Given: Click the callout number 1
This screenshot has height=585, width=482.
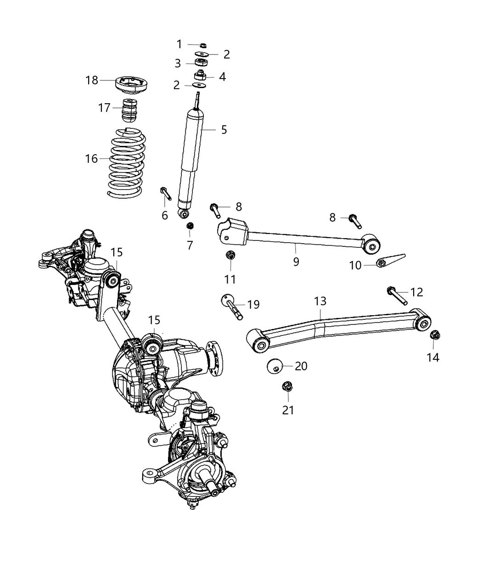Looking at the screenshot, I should click(179, 44).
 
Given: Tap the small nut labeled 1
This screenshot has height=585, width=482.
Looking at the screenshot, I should click(203, 45).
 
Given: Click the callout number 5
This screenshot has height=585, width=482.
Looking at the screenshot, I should click(224, 130).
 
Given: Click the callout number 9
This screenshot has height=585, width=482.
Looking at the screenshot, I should click(296, 261).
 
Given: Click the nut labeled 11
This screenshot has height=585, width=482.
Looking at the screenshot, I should click(230, 255).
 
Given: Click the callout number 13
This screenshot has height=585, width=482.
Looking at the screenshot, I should click(320, 301).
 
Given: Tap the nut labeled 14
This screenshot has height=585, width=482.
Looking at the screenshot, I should click(434, 335).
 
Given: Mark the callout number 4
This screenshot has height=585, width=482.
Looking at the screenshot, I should click(222, 77).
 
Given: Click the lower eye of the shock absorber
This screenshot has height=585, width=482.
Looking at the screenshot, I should click(185, 214).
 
